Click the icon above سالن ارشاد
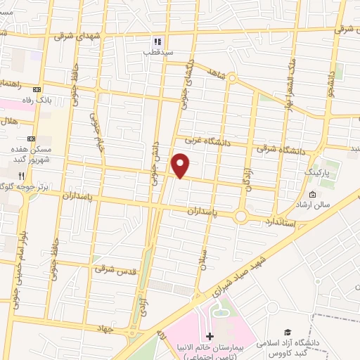pos(313,195)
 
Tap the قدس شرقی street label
pos(117,269)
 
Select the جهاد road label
pos(107,327)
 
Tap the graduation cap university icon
pos(287,332)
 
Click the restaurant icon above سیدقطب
pos(159,41)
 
